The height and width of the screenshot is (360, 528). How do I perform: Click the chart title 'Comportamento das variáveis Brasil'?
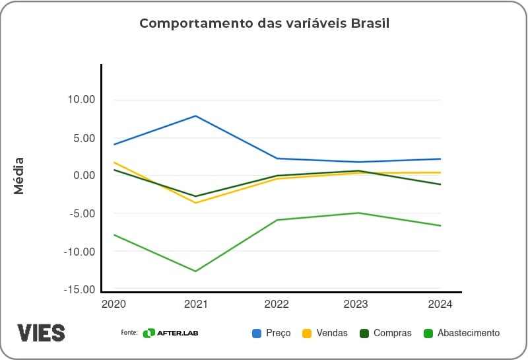(x=264, y=24)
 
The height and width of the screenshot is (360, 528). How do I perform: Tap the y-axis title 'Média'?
(x=19, y=176)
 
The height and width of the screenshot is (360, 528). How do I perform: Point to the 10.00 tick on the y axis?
(x=81, y=100)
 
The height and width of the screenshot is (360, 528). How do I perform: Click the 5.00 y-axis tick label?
(x=84, y=138)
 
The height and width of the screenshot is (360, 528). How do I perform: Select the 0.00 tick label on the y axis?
(x=84, y=176)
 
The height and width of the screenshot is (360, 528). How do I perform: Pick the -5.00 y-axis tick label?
(x=82, y=213)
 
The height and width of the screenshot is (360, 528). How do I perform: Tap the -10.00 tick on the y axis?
(x=80, y=252)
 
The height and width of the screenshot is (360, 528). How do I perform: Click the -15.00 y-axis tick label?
(x=80, y=289)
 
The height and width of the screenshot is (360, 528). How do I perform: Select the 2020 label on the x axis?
(x=114, y=305)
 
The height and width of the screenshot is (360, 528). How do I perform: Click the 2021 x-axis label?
(x=195, y=305)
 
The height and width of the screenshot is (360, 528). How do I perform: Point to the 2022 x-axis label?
(x=277, y=305)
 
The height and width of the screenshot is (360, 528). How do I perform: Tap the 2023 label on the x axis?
(x=358, y=305)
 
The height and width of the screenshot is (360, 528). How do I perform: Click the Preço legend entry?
(x=271, y=333)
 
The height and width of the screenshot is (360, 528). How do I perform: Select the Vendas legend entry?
(x=325, y=333)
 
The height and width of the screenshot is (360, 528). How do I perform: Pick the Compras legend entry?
(x=385, y=333)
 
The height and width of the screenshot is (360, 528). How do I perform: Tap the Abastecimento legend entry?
(x=461, y=333)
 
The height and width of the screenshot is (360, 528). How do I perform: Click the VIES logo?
(x=41, y=332)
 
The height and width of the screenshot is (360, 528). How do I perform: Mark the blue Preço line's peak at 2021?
(x=195, y=116)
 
